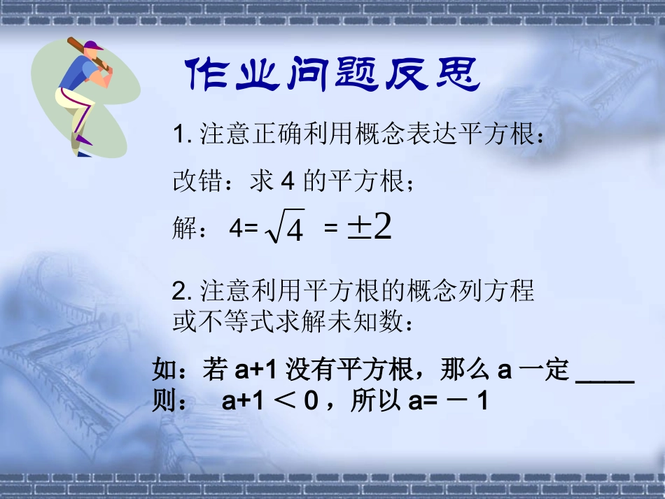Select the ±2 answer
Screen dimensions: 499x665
pyautogui.click(x=369, y=227)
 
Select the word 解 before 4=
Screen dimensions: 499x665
pyautogui.click(x=185, y=229)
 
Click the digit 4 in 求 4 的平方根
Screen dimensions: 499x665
pyautogui.click(x=286, y=182)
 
